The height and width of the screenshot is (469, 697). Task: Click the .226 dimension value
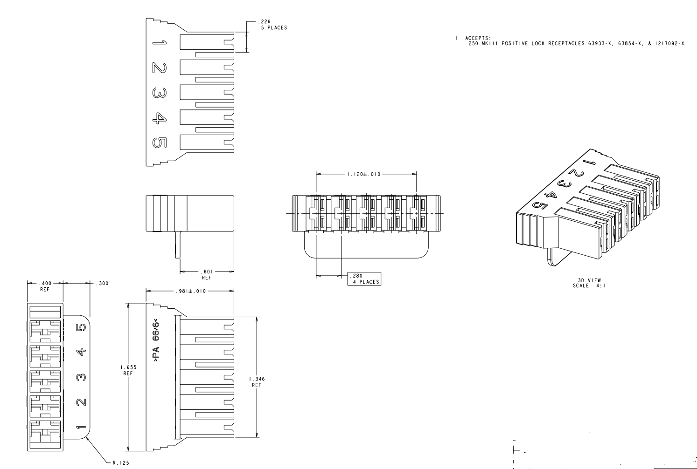pos(266,21)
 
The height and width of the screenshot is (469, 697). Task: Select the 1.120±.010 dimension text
pos(363,174)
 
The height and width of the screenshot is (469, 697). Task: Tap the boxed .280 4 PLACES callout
pos(364,279)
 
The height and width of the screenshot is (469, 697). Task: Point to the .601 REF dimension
pos(206,274)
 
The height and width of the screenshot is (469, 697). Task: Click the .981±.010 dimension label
pos(189,291)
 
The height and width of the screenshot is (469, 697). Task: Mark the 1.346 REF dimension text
pos(257,382)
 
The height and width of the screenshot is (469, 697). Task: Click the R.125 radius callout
pos(119,463)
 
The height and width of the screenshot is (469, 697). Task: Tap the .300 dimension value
pos(102,283)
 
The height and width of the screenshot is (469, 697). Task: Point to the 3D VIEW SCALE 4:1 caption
pos(589,283)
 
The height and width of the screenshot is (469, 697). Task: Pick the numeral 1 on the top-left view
pos(159,44)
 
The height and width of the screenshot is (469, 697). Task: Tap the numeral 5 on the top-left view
pos(159,143)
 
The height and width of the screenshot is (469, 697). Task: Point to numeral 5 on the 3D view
pos(539,205)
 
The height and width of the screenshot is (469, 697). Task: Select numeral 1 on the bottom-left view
pos(81,427)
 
